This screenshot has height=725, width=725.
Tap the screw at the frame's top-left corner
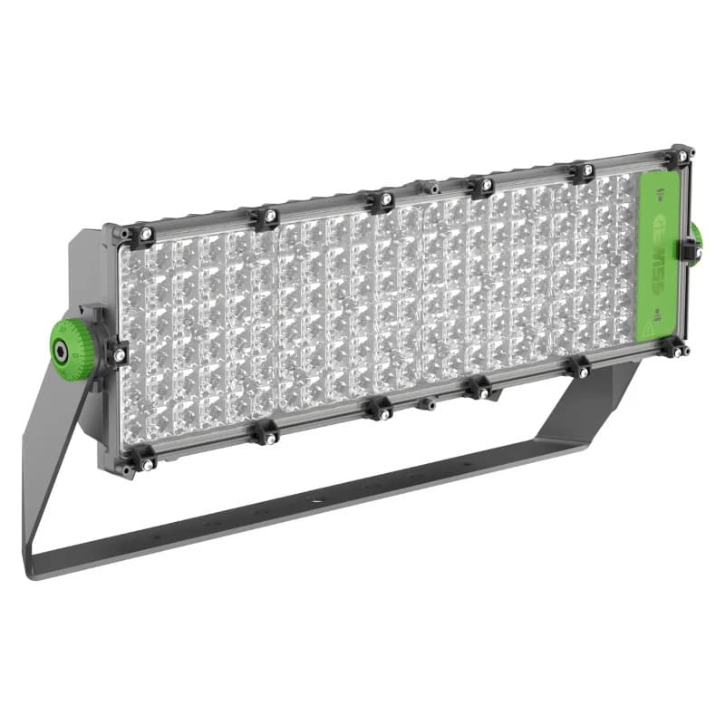tap(142, 235)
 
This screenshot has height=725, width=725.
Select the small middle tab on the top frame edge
tap(430, 188)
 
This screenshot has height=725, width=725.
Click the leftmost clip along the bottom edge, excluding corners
tap(265, 434)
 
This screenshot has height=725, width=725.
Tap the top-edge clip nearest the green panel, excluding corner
tap(583, 170)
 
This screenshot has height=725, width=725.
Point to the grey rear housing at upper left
tap(86, 263)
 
